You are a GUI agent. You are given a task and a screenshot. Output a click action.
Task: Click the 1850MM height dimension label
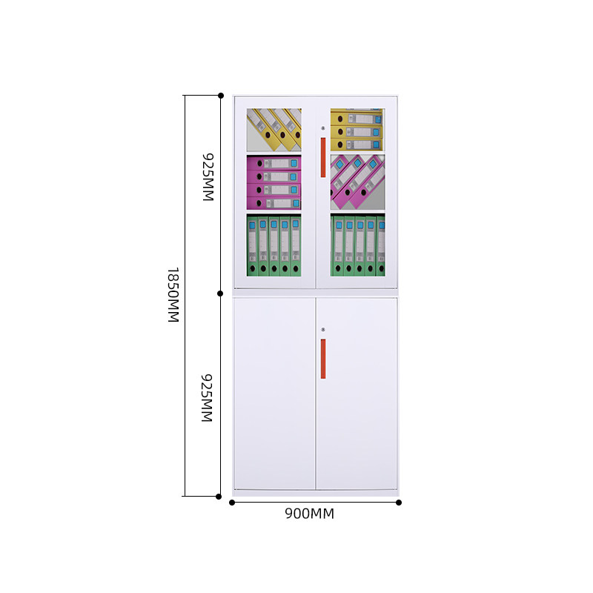(x=173, y=295)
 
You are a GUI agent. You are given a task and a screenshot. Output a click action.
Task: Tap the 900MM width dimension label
(x=310, y=514)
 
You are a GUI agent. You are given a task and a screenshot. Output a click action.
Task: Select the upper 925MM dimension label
(x=208, y=178)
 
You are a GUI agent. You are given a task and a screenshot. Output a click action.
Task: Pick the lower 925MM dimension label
(x=208, y=398)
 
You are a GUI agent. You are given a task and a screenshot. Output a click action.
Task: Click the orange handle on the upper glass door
(x=323, y=157)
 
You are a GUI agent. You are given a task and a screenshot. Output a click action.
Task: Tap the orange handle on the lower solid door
(x=323, y=358)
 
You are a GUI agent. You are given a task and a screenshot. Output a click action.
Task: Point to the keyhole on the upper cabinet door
(x=323, y=129)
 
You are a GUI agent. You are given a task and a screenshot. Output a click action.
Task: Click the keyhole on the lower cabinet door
(x=323, y=329)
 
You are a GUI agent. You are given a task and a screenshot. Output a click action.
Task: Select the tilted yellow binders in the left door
(x=275, y=128)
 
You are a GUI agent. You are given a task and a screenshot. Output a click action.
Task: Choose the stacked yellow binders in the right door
(x=357, y=129)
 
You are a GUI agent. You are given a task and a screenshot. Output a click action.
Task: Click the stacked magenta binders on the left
(x=274, y=182)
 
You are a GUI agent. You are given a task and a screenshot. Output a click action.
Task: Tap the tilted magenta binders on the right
(x=357, y=181)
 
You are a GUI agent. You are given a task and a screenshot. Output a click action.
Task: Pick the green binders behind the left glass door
(x=274, y=245)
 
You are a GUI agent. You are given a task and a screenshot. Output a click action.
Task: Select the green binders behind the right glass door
(x=358, y=245)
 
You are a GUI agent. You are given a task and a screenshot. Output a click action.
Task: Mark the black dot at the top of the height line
(x=221, y=96)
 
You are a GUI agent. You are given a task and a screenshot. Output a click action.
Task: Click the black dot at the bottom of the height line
(x=219, y=496)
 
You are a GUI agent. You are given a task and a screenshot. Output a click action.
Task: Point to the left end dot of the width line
(x=232, y=503)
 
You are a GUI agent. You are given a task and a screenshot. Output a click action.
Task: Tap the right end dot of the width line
(x=399, y=503)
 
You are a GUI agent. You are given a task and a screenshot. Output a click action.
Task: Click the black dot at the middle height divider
(x=220, y=293)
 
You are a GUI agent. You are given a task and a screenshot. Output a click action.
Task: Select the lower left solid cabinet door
(x=274, y=393)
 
